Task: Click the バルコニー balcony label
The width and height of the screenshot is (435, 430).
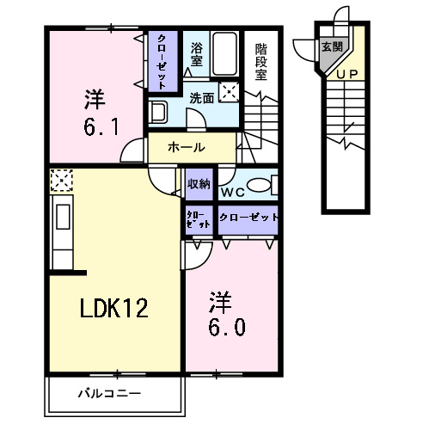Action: click(109, 394)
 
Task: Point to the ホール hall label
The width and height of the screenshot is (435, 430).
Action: click(186, 147)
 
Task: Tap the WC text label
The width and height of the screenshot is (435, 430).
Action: click(232, 191)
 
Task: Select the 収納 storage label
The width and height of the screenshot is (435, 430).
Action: click(199, 183)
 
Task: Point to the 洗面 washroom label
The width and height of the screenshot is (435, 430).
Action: click(202, 99)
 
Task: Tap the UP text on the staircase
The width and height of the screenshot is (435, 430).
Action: click(348, 74)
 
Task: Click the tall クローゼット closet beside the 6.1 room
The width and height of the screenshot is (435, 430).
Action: click(162, 60)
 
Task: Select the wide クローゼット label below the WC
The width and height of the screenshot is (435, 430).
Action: click(248, 218)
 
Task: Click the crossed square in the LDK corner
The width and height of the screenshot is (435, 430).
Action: click(62, 181)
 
